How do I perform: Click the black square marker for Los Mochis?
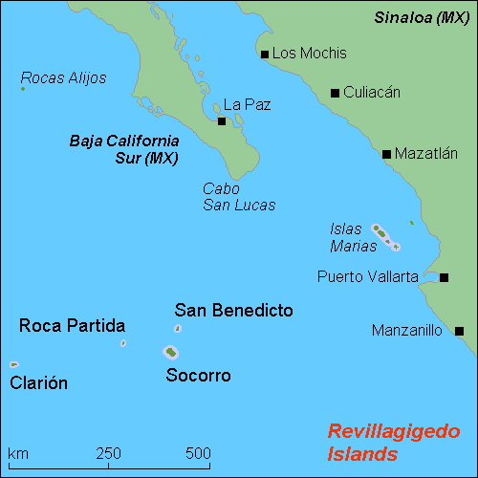point(265,54)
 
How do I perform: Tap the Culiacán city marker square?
point(335,93)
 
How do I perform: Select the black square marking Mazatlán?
point(386,153)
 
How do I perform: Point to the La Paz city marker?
point(222,120)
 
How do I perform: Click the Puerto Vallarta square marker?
point(445,277)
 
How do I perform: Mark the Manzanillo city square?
point(459,331)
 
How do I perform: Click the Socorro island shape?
point(171,352)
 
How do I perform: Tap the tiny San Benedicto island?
point(178,329)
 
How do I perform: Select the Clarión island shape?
point(13,364)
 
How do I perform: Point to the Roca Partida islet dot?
point(123,342)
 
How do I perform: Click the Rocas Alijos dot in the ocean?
point(22,89)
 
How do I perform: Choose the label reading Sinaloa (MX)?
point(422,17)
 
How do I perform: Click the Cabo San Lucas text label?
point(238,197)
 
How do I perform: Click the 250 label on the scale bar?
point(108,452)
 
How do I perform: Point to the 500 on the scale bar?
point(198,452)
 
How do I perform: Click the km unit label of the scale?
point(17,452)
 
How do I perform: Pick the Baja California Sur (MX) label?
point(125,149)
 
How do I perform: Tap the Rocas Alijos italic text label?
point(63,77)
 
